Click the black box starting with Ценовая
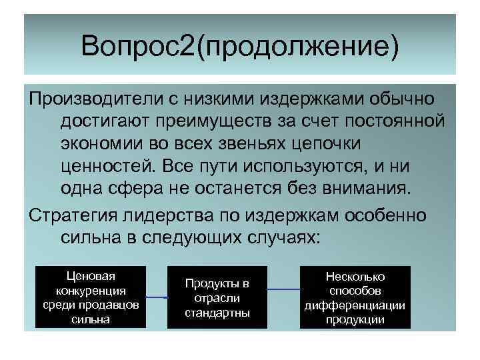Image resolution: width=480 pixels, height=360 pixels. (x=89, y=297)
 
